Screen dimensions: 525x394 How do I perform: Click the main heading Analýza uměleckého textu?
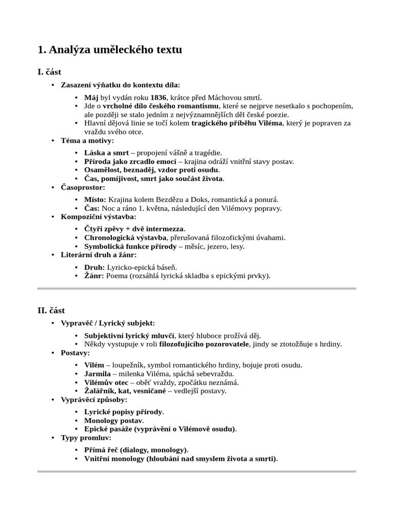coord(110,50)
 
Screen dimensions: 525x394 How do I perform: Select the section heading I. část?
coord(49,72)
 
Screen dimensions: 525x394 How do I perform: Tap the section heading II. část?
coord(51,310)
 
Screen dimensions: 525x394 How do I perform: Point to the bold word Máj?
coord(91,97)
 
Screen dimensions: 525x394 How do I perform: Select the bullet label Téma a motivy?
coord(87,140)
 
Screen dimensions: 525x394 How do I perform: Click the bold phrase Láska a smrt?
coord(106,153)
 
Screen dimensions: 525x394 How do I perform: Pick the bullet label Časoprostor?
coord(83,188)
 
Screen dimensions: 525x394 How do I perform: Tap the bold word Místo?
coord(95,200)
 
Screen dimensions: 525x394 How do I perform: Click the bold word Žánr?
coord(94,276)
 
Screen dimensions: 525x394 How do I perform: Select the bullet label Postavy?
coord(75,353)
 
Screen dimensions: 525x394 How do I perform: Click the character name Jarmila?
coord(97,373)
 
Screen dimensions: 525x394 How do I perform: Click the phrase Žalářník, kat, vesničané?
coord(125,391)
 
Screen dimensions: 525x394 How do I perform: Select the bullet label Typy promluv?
coord(86,438)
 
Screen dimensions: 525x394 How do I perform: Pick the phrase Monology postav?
coord(114,420)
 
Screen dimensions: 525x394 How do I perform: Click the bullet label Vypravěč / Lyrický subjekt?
coord(107,323)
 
